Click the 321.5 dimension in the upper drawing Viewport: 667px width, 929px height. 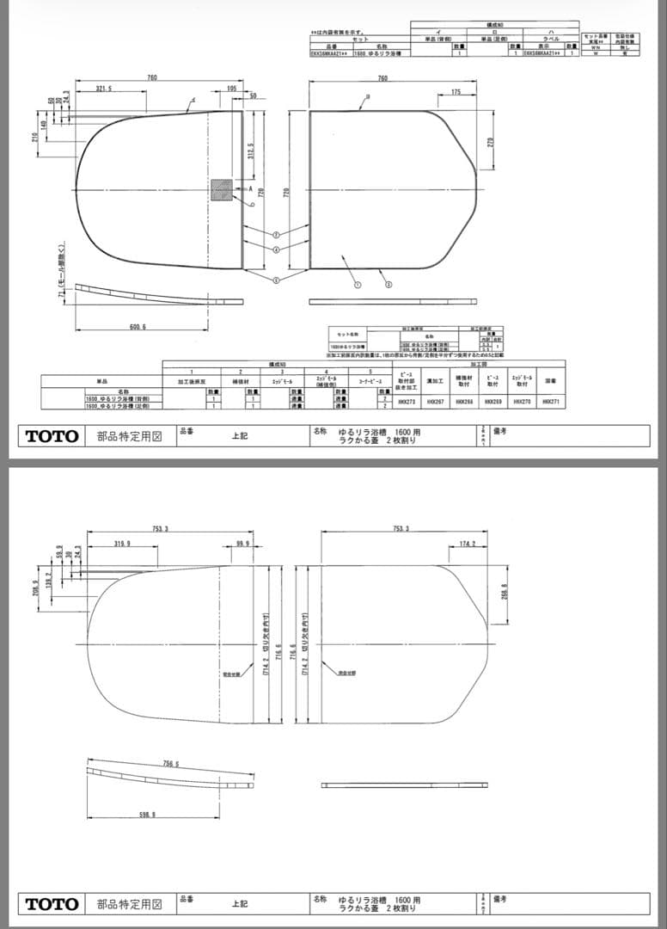click(x=105, y=89)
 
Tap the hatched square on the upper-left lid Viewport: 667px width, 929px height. click(x=222, y=189)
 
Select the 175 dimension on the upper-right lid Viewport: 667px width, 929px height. click(x=456, y=91)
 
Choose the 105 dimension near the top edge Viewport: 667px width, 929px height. click(x=232, y=89)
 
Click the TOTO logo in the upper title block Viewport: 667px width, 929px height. click(x=51, y=436)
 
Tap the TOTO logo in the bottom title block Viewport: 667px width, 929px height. click(x=51, y=904)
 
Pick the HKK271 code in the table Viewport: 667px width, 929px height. click(x=551, y=402)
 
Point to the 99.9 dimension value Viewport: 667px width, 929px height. click(x=242, y=544)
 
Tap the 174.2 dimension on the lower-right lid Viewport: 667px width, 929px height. click(x=468, y=544)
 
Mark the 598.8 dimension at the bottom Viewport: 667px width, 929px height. click(x=147, y=815)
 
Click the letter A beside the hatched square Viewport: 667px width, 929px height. click(x=250, y=188)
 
